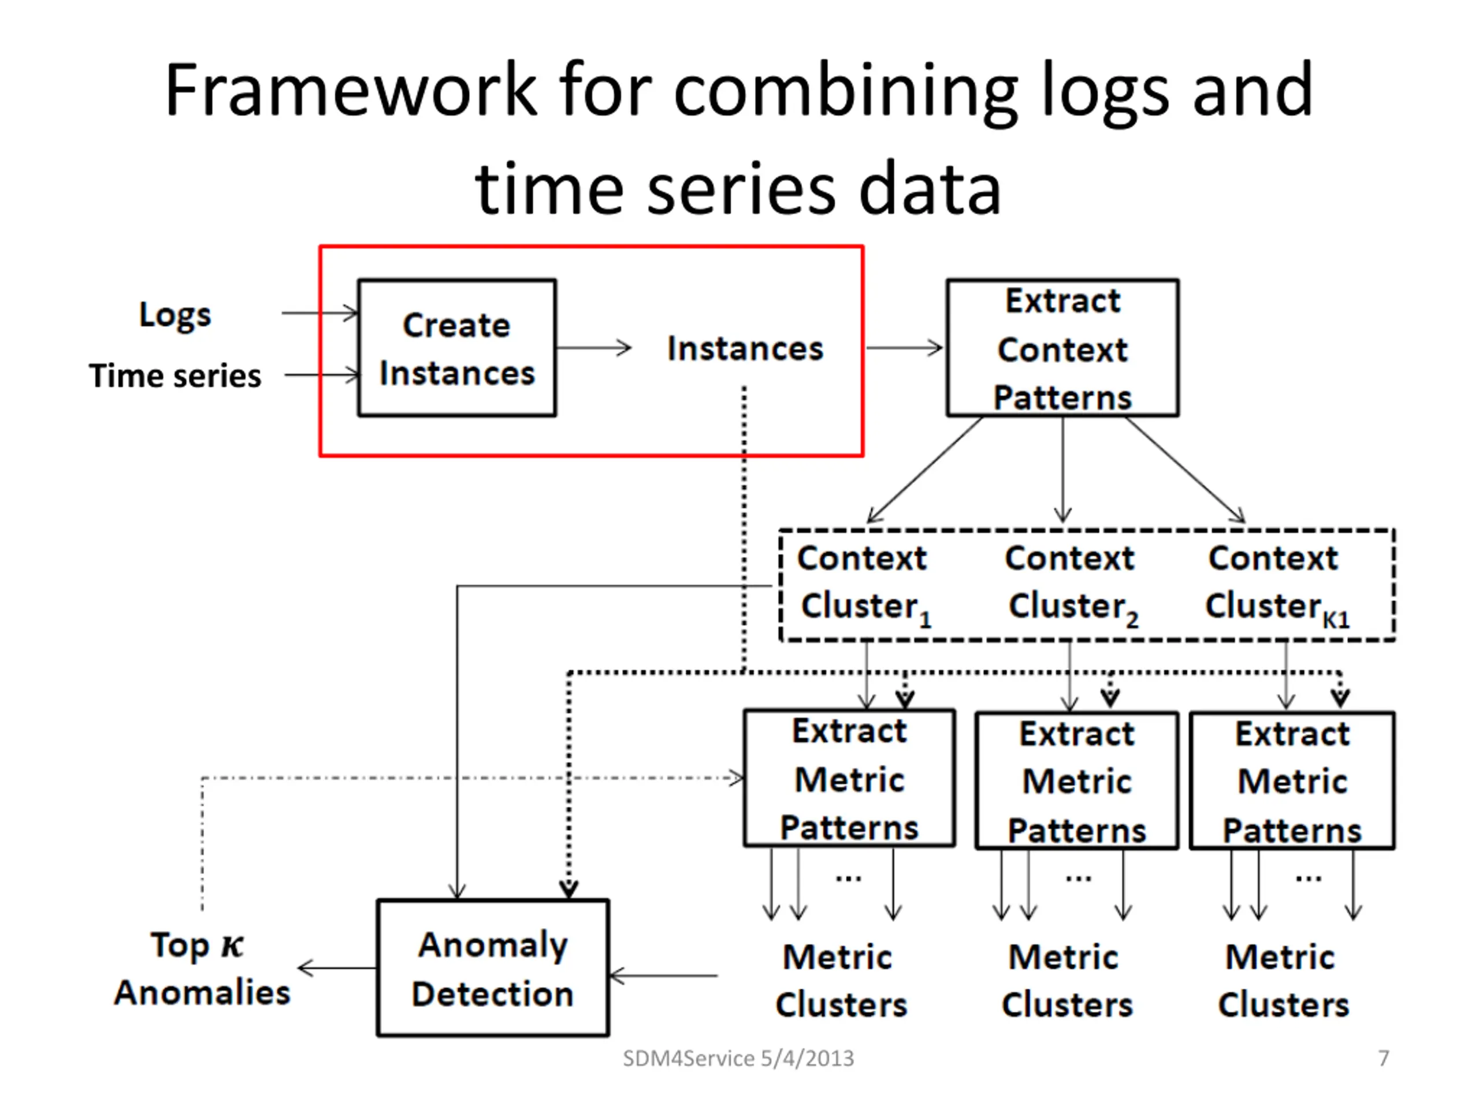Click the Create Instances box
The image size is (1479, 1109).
point(456,348)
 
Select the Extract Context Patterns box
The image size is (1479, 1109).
point(1062,348)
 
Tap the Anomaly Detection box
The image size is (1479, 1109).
point(493,968)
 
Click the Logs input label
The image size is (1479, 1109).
point(174,314)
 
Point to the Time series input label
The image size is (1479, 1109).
point(175,375)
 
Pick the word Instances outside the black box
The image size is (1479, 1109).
point(745,348)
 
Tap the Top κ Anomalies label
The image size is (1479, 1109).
point(201,968)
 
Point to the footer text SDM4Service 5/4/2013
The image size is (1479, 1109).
point(738,1058)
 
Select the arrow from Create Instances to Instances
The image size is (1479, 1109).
point(594,348)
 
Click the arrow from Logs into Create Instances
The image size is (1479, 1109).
point(319,313)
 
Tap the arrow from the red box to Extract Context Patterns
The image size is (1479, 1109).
point(905,348)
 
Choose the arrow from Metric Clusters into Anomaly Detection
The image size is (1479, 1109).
point(663,976)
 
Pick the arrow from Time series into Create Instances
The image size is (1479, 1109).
point(322,375)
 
